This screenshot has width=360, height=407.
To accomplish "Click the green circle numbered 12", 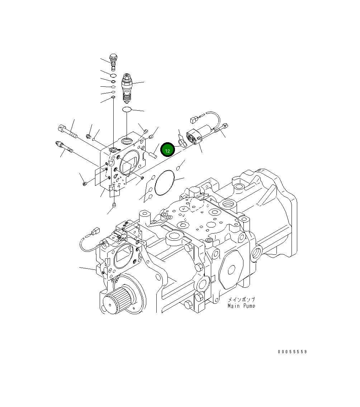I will [x=167, y=150].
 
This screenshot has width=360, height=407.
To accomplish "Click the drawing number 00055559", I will [x=292, y=352].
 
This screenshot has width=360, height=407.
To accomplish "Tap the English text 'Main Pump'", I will [x=241, y=306].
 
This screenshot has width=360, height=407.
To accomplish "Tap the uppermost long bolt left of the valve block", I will [x=67, y=131].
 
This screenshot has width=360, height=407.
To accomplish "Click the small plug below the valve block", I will [x=114, y=205].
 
